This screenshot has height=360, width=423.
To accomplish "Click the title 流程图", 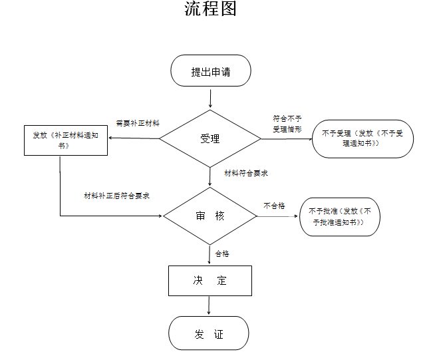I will (x=210, y=10).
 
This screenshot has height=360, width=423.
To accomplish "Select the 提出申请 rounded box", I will (x=210, y=71).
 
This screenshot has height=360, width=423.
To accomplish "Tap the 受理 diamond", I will (x=210, y=139).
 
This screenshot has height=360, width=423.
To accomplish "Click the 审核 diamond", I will (x=210, y=216).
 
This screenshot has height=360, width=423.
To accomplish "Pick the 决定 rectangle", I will (x=210, y=280).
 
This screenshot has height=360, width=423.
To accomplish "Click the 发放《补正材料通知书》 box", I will (x=66, y=140).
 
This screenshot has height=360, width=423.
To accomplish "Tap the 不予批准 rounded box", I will (x=339, y=216).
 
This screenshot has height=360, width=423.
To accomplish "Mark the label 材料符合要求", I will (x=246, y=173).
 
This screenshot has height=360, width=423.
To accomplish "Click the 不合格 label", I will (x=274, y=206).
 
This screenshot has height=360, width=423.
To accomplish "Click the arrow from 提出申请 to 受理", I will (x=210, y=98).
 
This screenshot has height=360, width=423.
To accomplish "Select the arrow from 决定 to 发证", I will (x=210, y=305).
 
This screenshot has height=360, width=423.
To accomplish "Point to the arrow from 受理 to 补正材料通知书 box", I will (x=133, y=139).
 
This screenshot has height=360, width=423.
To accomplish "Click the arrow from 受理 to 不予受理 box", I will (x=286, y=138).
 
